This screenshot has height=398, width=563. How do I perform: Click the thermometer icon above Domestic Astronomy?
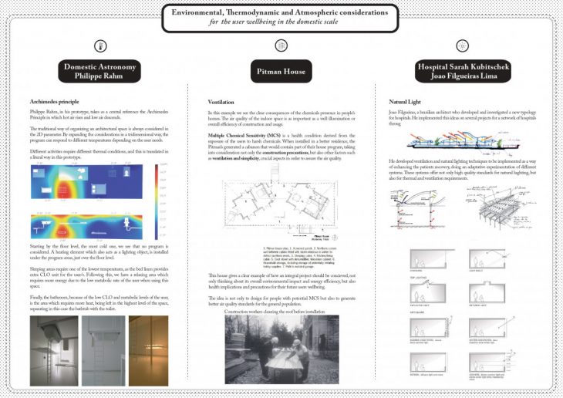point(100,45)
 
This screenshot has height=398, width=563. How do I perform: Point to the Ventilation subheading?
point(221,102)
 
